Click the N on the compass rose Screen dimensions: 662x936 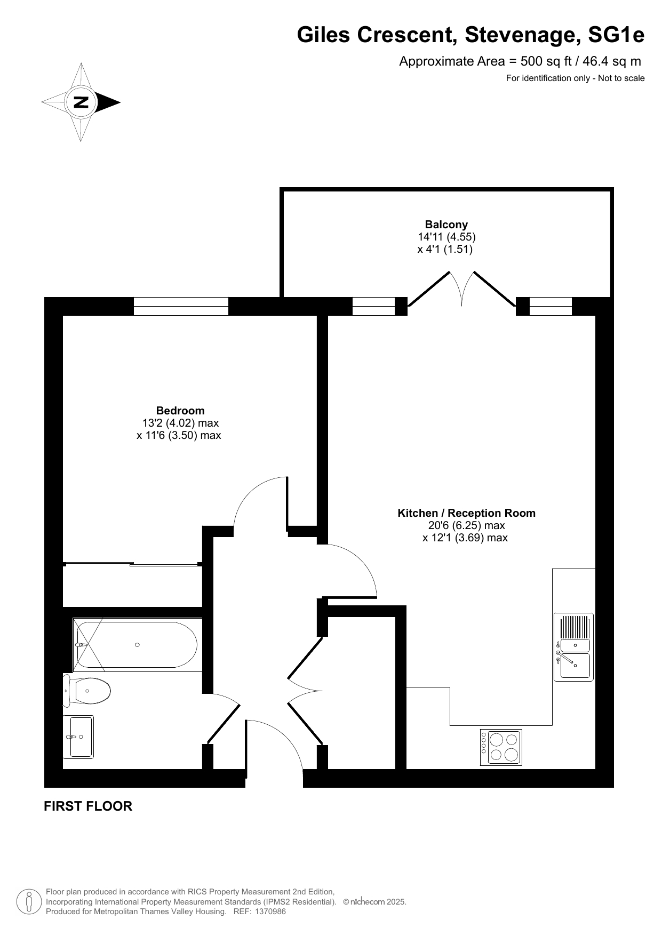click(x=81, y=102)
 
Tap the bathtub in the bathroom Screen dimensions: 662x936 click(x=138, y=645)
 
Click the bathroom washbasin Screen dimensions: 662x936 click(x=78, y=737)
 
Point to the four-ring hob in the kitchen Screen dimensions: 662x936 click(x=501, y=747)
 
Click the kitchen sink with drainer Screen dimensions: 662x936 click(x=573, y=647)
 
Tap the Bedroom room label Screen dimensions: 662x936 click(x=180, y=411)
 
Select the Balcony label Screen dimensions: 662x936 click(x=446, y=225)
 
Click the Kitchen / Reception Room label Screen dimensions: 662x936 click(x=466, y=513)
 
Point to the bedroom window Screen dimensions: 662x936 click(x=181, y=306)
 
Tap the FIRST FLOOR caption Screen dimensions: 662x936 click(x=88, y=806)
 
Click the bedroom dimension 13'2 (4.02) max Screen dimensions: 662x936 click(x=180, y=423)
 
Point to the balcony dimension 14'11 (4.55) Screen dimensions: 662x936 click(x=446, y=237)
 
